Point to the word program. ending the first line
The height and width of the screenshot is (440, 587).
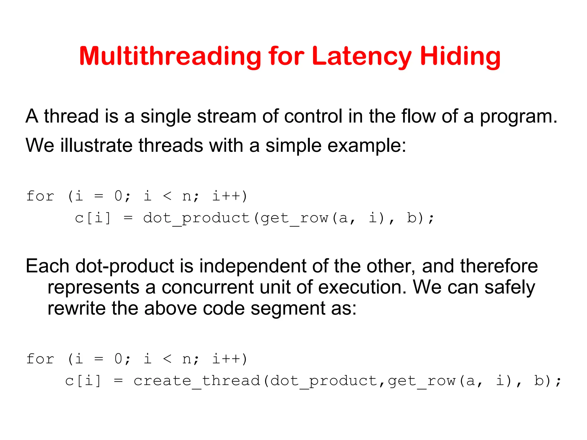(518, 117)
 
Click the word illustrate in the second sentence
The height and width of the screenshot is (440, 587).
(96, 145)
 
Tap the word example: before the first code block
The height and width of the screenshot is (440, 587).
(367, 146)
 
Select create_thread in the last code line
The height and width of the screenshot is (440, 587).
(197, 381)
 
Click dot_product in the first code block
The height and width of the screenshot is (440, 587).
(197, 218)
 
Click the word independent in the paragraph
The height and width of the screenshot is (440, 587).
(253, 266)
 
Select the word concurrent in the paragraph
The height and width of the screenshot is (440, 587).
(208, 287)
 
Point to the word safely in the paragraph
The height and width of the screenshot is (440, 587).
(509, 287)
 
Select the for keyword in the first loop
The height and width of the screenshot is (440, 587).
(40, 196)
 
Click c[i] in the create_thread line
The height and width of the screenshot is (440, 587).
(83, 381)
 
